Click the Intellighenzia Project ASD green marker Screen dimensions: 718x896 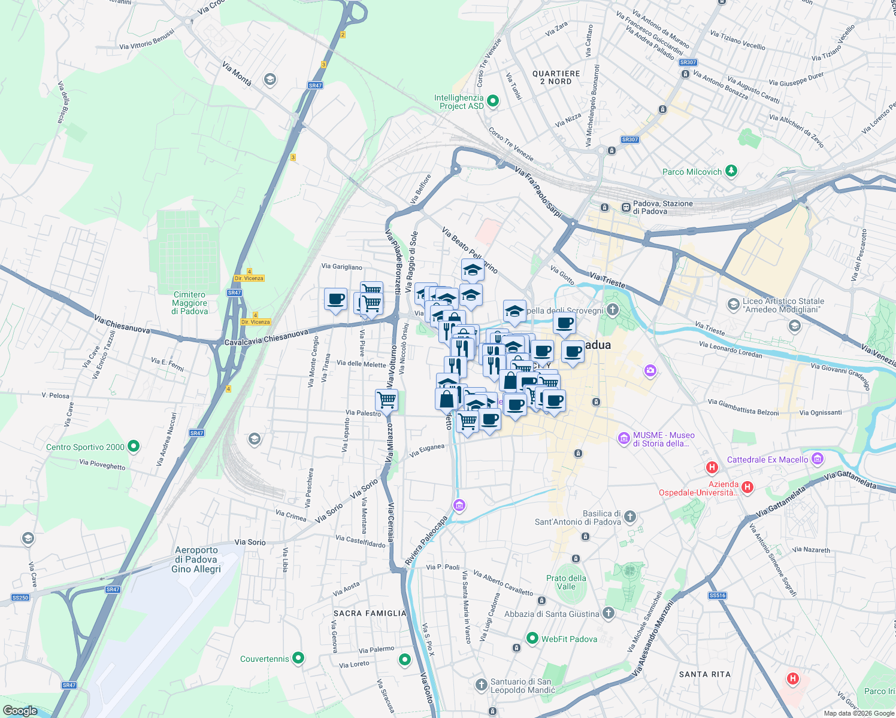[x=493, y=101]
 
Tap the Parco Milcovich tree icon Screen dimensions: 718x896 [x=731, y=171]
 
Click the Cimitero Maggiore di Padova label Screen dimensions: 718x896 [x=190, y=303]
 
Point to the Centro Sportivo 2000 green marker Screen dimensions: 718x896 [x=134, y=446]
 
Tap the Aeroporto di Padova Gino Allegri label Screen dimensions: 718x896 [x=196, y=559]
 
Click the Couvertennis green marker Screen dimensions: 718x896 [x=298, y=658]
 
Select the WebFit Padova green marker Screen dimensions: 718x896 [x=532, y=638]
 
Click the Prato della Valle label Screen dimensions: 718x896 [x=566, y=582]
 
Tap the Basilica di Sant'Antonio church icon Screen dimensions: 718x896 [x=629, y=516]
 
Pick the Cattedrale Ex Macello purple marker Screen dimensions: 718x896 [x=818, y=459]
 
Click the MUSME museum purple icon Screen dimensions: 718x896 [x=623, y=439]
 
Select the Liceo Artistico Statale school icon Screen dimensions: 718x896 [x=733, y=305]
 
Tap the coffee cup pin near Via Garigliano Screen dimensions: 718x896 [x=335, y=299]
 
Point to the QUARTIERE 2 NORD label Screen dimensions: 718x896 [x=556, y=77]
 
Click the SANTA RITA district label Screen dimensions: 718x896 [x=704, y=674]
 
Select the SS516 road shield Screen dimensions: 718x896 [x=717, y=595]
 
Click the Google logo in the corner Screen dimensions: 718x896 [x=20, y=710]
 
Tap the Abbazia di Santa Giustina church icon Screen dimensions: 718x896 [x=608, y=613]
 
